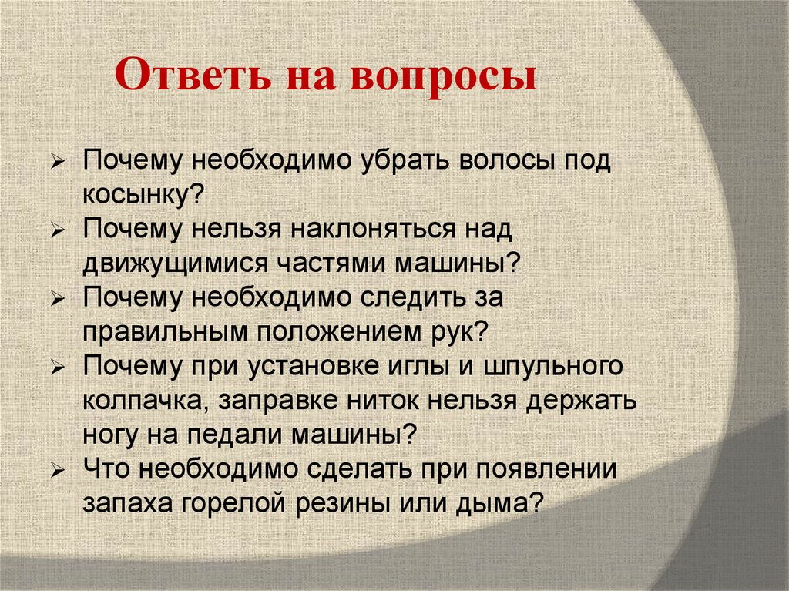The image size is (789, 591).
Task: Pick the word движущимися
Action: point(176,262)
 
